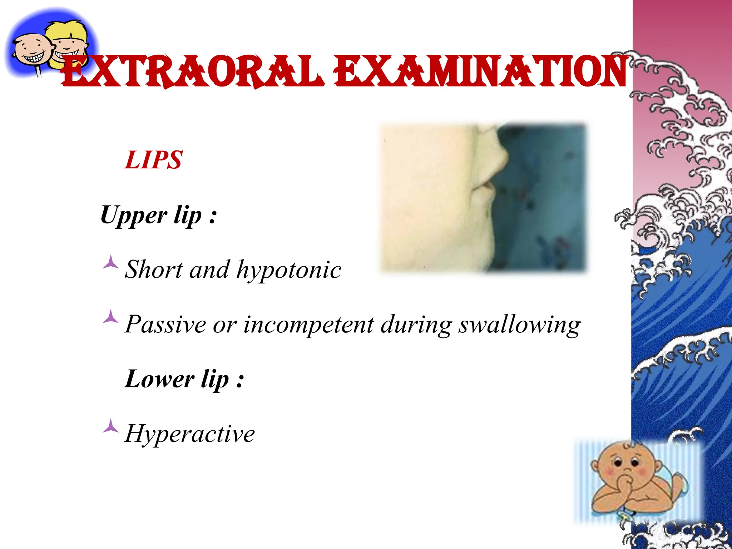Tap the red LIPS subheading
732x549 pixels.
154,160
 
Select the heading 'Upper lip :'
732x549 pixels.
158,216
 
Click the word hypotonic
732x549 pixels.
289,269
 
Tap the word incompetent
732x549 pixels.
308,325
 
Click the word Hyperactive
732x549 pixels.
189,434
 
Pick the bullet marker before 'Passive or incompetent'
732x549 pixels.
110,317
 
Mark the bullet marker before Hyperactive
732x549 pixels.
110,426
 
